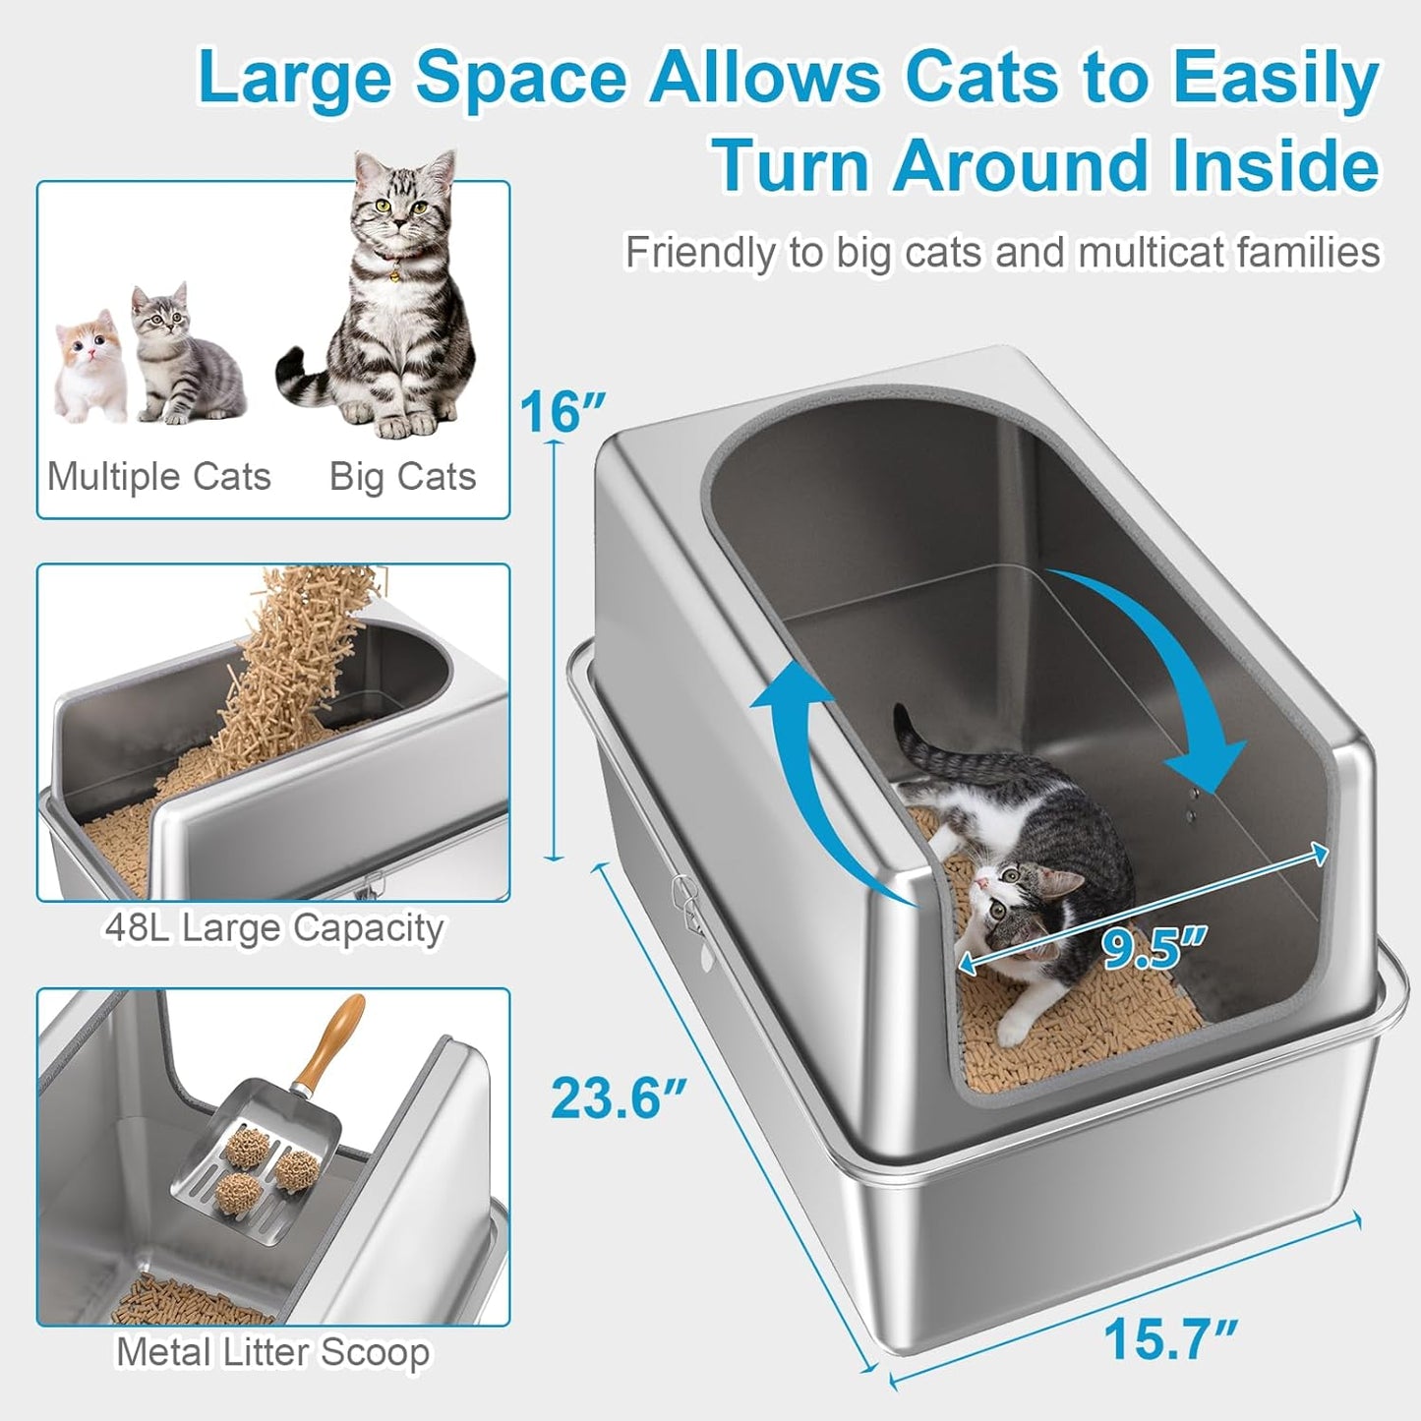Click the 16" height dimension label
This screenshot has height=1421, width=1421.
tap(562, 411)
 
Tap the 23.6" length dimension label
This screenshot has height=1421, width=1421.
tap(618, 1097)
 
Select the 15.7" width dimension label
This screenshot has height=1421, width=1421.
tap(1169, 1338)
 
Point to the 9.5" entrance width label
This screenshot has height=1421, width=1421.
tap(1152, 948)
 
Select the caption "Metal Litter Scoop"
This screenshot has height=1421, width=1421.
tap(272, 1352)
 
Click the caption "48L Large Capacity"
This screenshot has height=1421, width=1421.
tap(273, 927)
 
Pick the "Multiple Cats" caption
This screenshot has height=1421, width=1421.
tap(159, 477)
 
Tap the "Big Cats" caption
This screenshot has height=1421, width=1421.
tap(402, 477)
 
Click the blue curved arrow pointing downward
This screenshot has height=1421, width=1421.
tap(1170, 669)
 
